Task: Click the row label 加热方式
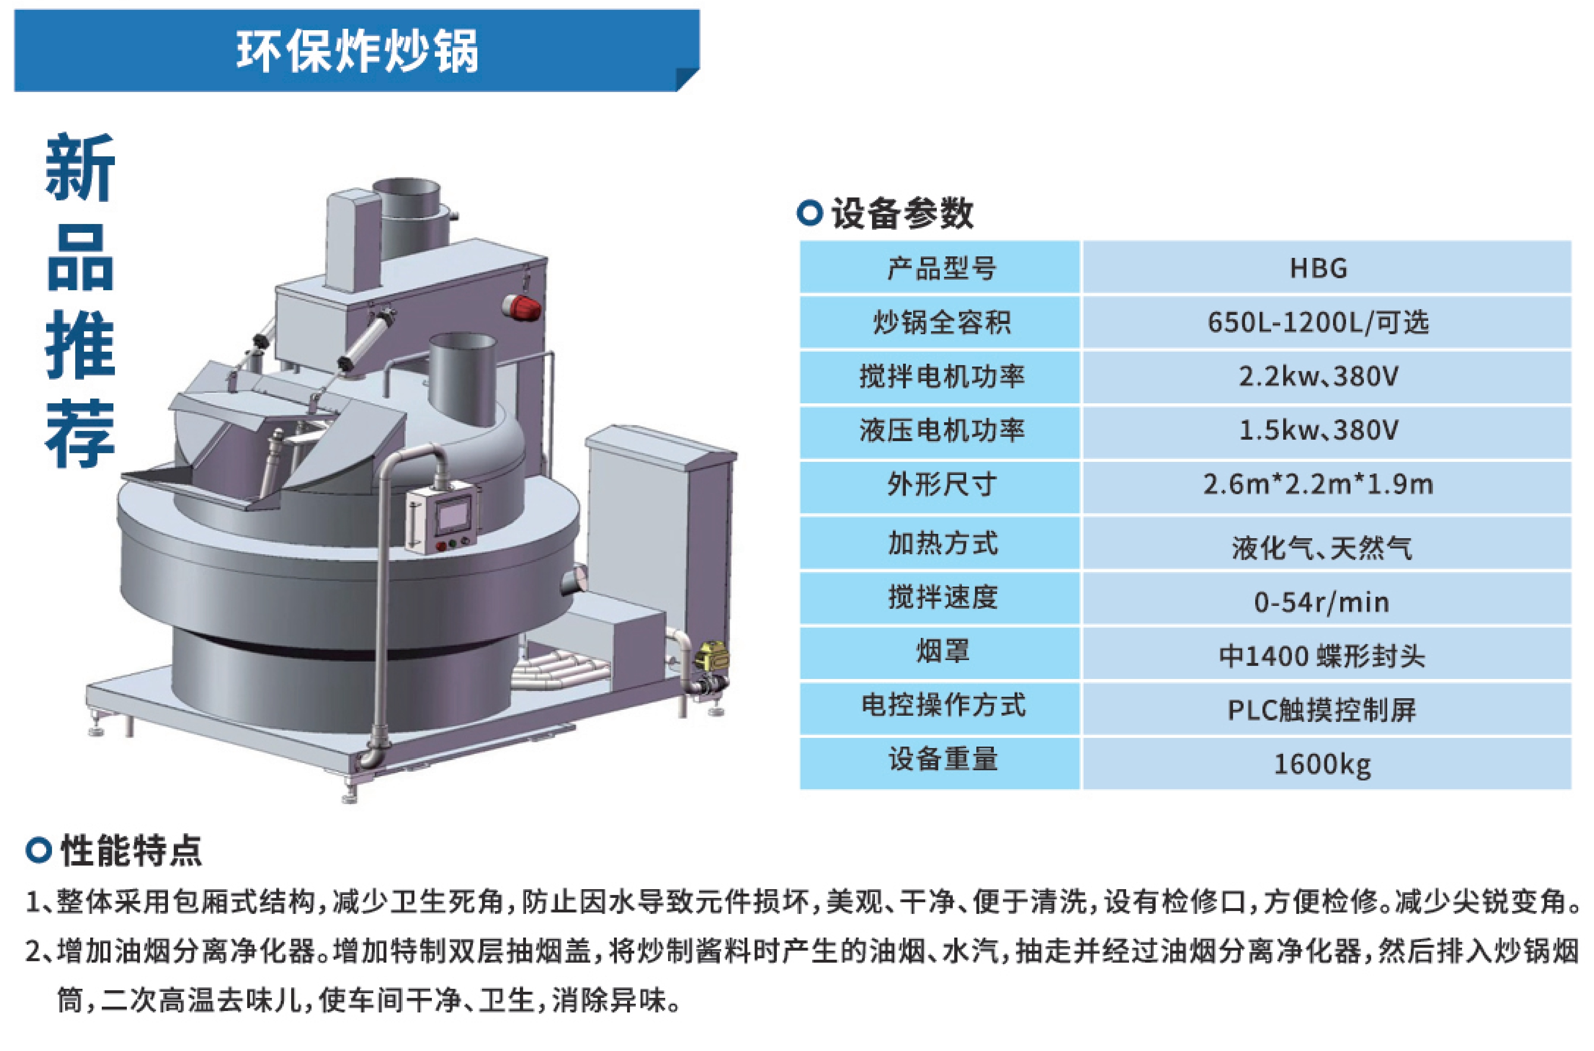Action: pyautogui.click(x=942, y=543)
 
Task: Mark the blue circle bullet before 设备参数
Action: pyautogui.click(x=810, y=213)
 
